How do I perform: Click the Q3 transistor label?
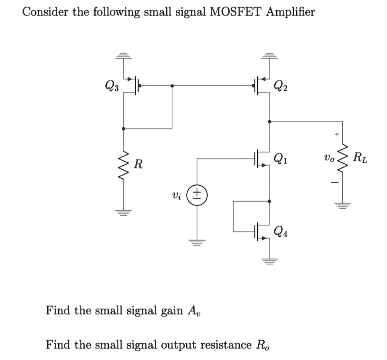click(112, 87)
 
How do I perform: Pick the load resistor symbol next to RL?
click(342, 158)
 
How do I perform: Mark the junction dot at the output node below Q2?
click(269, 122)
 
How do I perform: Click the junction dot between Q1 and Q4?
click(269, 201)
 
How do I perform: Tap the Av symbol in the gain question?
click(195, 310)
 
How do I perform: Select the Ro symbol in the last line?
click(263, 345)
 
